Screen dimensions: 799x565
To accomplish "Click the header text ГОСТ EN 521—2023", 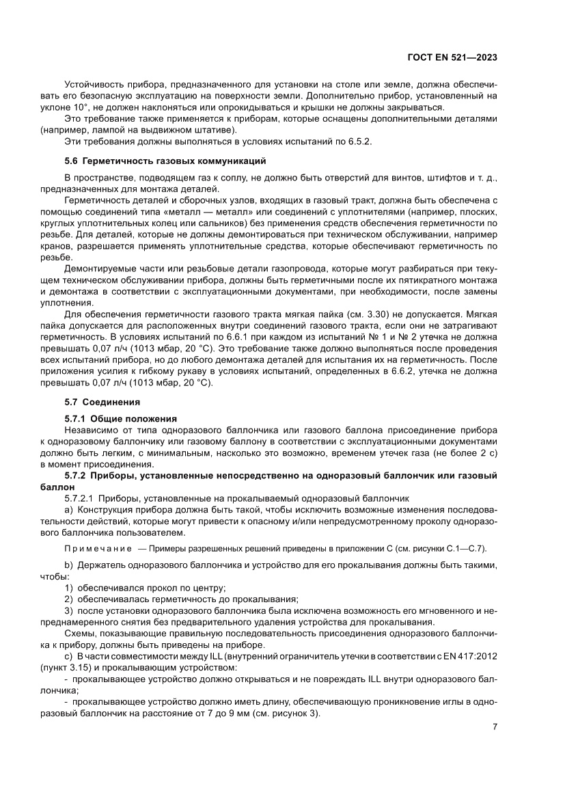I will coord(452,58).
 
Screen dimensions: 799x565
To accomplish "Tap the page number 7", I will coord(494,727).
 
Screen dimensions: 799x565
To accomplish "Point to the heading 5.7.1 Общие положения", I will coord(120,418).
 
